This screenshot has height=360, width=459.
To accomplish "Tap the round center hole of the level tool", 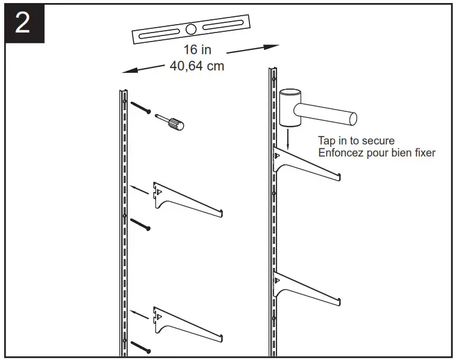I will coord(191,29).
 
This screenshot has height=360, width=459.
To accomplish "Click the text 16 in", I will coord(198,50).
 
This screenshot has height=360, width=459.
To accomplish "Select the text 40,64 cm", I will coord(197,66).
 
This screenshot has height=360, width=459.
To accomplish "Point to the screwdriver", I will coord(170,121).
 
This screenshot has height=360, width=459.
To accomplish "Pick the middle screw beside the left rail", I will coord(140,224).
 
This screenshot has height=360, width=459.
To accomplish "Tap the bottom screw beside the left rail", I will coord(140,346).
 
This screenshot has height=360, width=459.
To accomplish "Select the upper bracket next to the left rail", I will coord(187,198).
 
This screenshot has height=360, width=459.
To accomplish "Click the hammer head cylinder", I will coord(290,107).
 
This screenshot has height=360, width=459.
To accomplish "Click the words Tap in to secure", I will coord(356,141).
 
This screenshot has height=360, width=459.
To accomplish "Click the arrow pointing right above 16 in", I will coord(252,48).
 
